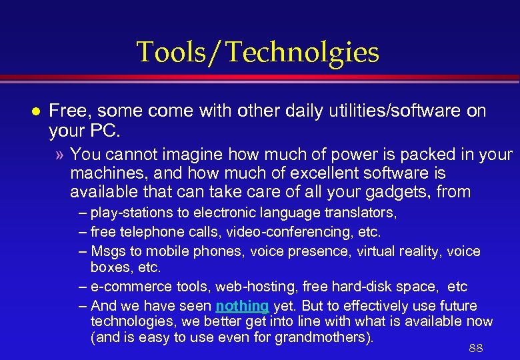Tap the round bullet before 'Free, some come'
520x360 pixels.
pos(25,111)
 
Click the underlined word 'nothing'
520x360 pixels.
pos(242,306)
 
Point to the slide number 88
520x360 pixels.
pos(475,348)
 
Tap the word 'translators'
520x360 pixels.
pos(363,213)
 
